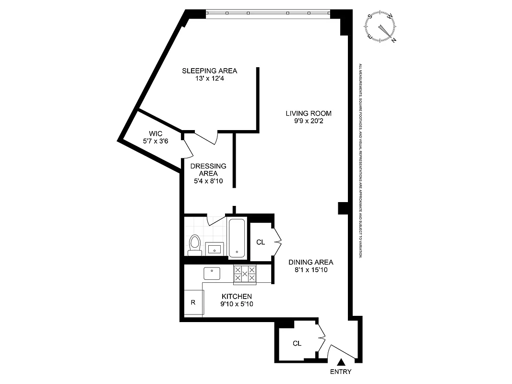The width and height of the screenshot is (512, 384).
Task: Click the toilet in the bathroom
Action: pos(194,244)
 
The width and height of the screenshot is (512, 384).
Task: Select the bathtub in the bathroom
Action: pos(237,239)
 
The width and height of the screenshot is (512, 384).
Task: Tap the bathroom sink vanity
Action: pos(214,249)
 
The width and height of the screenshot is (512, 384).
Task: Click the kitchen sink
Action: pos(212,273)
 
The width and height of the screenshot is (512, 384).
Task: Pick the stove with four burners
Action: pos(245,274)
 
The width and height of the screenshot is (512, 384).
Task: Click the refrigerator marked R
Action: pos(193,302)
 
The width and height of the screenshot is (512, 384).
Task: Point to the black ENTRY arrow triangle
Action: pos(341,362)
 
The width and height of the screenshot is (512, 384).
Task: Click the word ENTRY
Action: pos(341,372)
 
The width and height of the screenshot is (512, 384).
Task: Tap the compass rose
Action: pos(382,27)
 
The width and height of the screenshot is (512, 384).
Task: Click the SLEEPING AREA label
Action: pos(209,71)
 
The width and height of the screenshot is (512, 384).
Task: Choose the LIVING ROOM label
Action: pos(309,113)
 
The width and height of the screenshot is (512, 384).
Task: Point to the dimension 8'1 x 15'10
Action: pos(310,270)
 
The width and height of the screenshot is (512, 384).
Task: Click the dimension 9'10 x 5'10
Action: pos(237,304)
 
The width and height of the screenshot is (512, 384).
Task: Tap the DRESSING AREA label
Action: pos(208,169)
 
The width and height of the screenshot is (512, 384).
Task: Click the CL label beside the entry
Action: pos(297,343)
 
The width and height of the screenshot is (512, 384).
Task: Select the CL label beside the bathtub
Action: pos(261,242)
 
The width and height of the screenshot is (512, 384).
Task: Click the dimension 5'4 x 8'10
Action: pos(208,181)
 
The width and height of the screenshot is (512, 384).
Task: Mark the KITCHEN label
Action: pos(237,297)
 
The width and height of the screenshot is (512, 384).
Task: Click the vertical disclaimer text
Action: pos(360,161)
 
